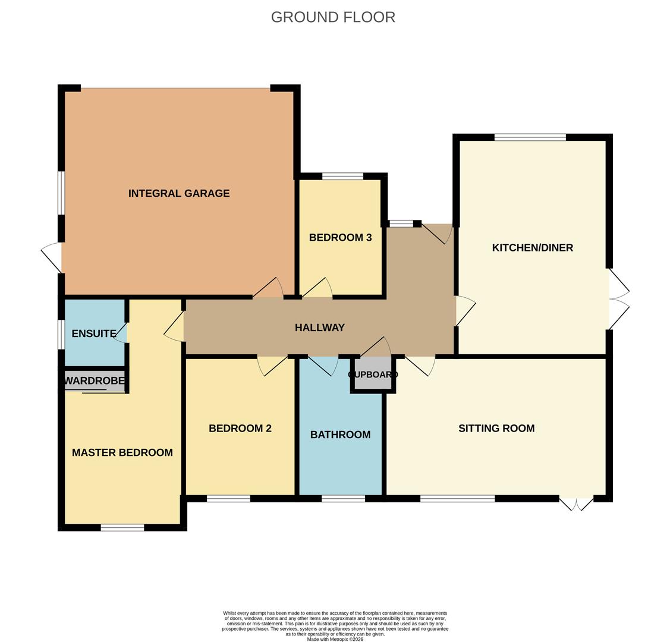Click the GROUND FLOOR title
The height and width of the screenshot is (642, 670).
[x=333, y=17]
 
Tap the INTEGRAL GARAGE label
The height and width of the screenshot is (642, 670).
[x=179, y=193]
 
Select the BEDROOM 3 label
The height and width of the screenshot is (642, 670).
[x=340, y=238]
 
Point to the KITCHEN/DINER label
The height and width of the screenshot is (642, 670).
[x=532, y=248]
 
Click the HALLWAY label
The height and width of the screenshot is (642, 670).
[x=320, y=328]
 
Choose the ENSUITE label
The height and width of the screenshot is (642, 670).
[x=93, y=333]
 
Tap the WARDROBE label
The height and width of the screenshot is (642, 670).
[x=95, y=380]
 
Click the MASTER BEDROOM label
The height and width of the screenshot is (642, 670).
[x=122, y=452]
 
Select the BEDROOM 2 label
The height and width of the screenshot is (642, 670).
[x=240, y=429]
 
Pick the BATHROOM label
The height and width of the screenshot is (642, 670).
[x=340, y=435]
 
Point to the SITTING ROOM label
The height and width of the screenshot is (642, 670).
[x=496, y=429]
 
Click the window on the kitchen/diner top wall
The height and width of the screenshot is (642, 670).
[x=530, y=137]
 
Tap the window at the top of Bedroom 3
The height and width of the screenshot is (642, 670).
[x=342, y=176]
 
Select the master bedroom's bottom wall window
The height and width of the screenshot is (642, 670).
[x=122, y=527]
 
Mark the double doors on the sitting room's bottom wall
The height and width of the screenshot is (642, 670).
[x=576, y=503]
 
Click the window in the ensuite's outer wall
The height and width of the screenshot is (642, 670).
[x=61, y=335]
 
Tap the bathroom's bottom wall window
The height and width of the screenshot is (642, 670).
[x=343, y=499]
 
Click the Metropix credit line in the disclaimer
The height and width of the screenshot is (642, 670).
[x=335, y=639]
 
